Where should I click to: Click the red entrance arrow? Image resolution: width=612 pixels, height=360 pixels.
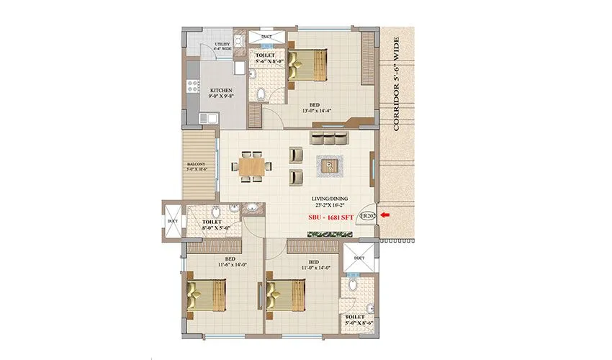pos(386,215)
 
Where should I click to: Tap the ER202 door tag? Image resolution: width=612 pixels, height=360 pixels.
pos(367,215)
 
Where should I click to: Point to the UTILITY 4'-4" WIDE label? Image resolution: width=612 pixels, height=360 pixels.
pos(222,47)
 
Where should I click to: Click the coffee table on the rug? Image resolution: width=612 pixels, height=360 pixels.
pos(330,166)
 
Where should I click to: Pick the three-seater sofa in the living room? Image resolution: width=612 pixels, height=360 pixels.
pos(329,138)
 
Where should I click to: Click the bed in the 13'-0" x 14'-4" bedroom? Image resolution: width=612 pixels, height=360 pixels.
pos(310,64)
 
